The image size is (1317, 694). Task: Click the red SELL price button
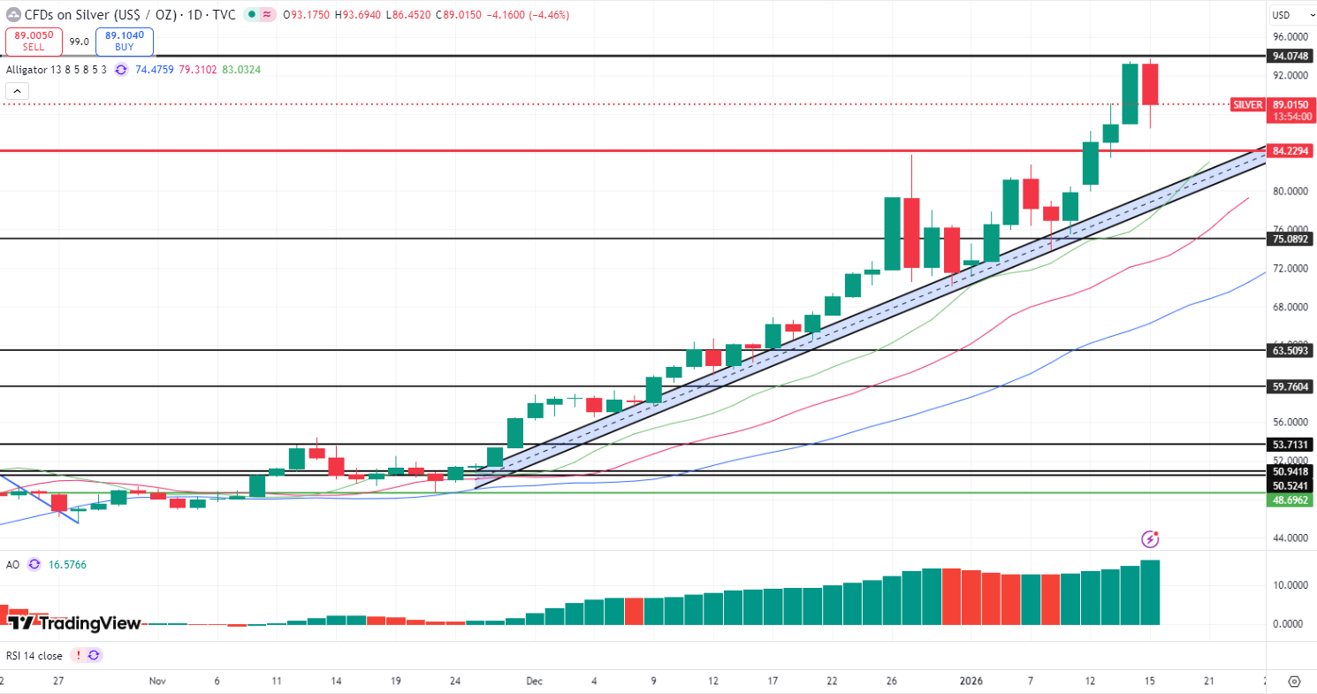click(34, 41)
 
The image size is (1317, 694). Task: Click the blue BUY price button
click(124, 41)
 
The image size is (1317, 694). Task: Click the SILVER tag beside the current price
click(1247, 104)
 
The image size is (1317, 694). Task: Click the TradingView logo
click(74, 623)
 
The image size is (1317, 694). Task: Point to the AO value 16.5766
click(68, 564)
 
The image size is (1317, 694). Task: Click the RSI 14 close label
click(34, 655)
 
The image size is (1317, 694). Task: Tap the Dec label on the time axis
click(534, 681)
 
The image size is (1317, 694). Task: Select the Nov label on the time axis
click(157, 681)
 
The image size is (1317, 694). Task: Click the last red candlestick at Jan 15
click(1150, 84)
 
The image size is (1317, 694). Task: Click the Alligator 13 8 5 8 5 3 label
click(57, 69)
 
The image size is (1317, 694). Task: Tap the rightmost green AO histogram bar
click(1150, 592)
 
